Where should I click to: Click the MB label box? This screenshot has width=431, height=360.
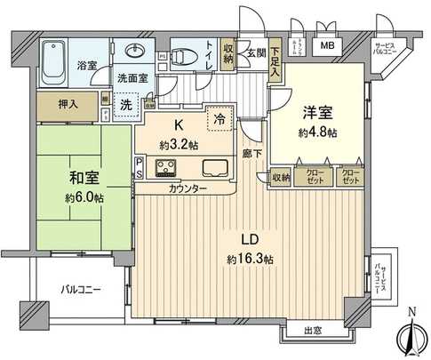(x=328, y=46)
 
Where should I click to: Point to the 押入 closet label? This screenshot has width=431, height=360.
(x=68, y=104)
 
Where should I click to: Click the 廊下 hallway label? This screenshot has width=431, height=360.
(x=252, y=152)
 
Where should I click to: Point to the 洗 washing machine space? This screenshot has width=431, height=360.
(x=126, y=102)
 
